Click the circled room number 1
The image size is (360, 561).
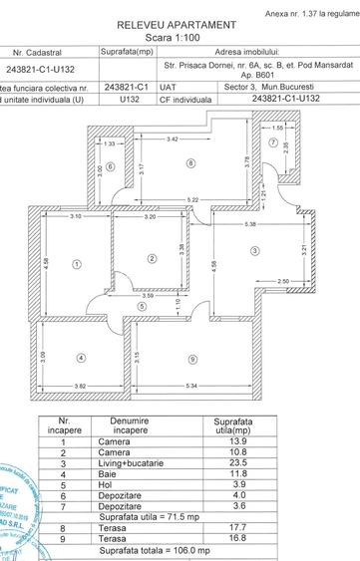pyautogui.click(x=76, y=264)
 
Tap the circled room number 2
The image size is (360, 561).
pyautogui.click(x=152, y=258)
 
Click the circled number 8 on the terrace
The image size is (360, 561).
pyautogui.click(x=189, y=162)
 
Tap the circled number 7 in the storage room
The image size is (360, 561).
pyautogui.click(x=271, y=140)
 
